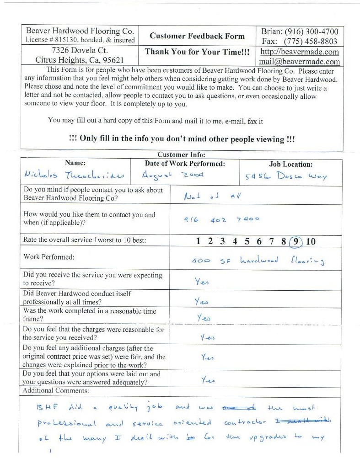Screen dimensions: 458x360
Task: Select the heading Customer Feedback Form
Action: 197,36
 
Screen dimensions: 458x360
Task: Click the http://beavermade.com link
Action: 300,52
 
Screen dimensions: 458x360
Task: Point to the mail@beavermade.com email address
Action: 300,61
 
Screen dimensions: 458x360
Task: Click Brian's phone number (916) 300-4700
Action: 312,32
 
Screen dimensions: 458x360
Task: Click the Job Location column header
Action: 290,164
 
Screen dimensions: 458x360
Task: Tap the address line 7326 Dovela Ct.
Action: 80,50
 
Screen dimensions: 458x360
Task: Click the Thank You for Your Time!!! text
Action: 197,52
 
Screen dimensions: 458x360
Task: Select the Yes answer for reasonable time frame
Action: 203,317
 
